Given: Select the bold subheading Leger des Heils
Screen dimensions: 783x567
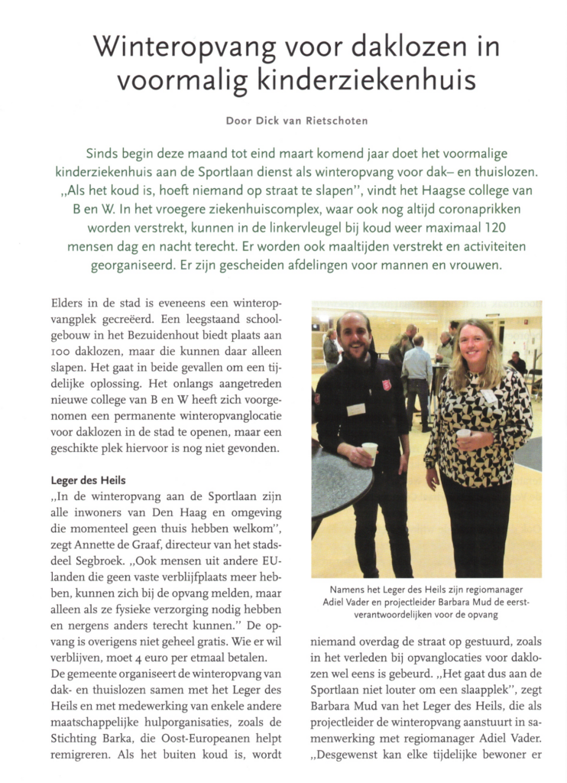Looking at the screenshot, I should pos(88,480).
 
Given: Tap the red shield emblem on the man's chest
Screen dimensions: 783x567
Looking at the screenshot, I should pos(387,385).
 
